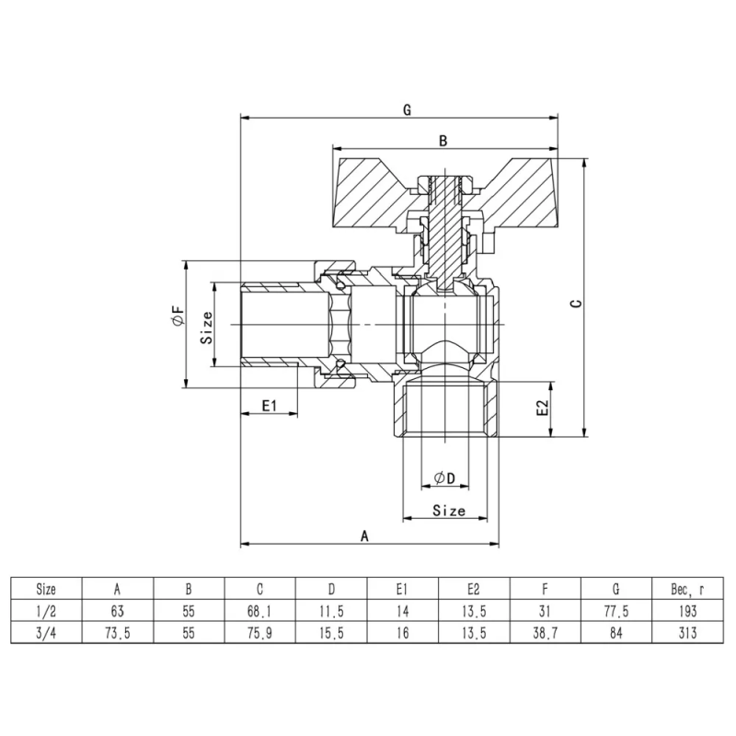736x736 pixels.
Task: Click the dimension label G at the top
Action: [x=407, y=109]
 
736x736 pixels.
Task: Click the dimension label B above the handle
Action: [x=443, y=141]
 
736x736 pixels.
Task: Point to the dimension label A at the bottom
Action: [x=365, y=535]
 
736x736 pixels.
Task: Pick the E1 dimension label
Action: [x=270, y=404]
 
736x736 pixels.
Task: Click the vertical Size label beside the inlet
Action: [x=208, y=327]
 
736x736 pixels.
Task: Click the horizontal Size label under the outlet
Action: [x=448, y=510]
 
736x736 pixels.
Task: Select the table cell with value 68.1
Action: [x=259, y=610]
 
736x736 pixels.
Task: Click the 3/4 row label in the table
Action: [x=45, y=632]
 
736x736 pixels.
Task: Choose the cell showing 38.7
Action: [x=546, y=632]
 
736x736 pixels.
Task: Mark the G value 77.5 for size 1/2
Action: [x=617, y=610]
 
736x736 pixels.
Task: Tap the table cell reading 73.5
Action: [x=117, y=632]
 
